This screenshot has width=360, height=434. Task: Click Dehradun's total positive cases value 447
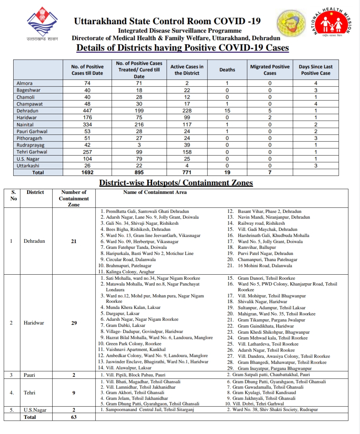87,111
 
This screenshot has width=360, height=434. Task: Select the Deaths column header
227,70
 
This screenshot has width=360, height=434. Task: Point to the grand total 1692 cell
87,172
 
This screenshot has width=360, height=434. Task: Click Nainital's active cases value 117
187,124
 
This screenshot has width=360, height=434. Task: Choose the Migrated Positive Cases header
270,70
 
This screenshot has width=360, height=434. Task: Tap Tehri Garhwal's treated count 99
139,152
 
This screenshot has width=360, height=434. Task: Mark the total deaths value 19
227,172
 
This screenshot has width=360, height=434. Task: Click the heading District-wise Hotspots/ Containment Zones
176,183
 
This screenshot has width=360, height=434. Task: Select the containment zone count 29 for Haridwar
74,323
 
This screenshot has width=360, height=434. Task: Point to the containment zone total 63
74,417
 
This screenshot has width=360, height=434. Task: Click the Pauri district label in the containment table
29,375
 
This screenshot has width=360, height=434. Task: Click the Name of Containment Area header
155,192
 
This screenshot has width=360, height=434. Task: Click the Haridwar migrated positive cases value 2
270,118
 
